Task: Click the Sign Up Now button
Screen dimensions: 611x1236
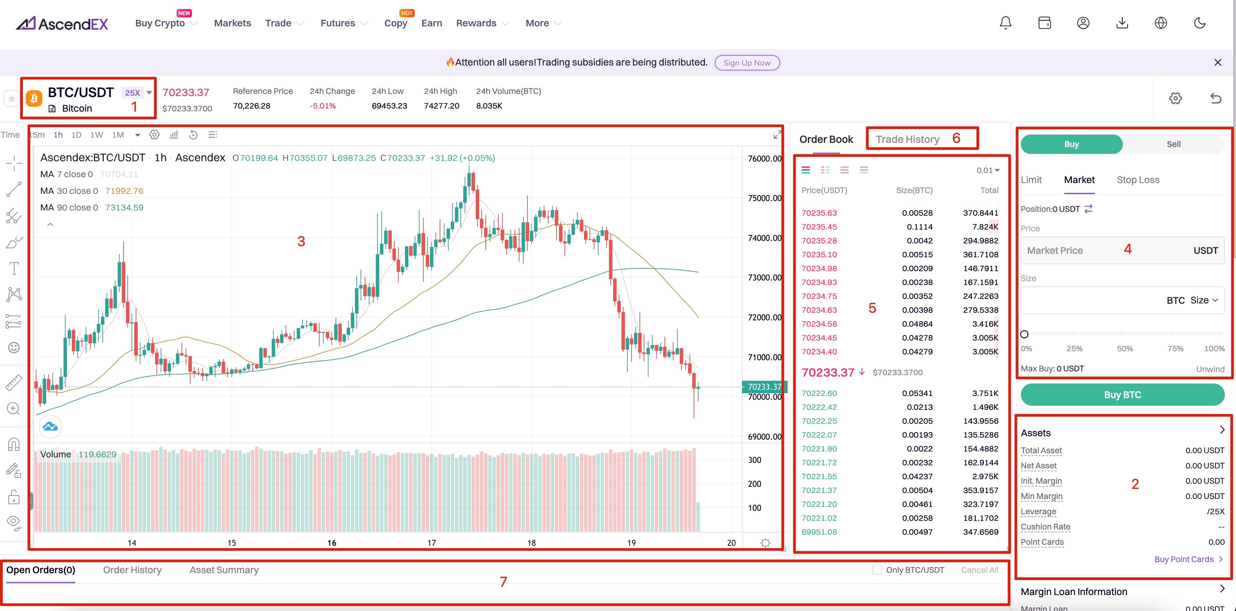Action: (x=747, y=63)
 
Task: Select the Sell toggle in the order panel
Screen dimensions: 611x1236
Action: (x=1173, y=144)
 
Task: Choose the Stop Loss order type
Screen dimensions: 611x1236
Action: (x=1138, y=180)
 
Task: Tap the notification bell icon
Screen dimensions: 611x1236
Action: (x=1005, y=23)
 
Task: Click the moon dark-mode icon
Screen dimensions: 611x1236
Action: (x=1200, y=23)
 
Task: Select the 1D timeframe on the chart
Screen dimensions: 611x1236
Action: (x=76, y=135)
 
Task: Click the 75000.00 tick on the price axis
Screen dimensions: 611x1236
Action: (x=764, y=198)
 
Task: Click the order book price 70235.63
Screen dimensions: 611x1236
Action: (x=819, y=213)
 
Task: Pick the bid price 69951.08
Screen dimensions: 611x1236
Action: (x=819, y=532)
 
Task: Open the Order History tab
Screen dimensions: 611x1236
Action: (x=133, y=570)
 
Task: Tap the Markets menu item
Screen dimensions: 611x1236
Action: (x=232, y=23)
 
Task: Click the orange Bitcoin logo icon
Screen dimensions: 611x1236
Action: (x=34, y=99)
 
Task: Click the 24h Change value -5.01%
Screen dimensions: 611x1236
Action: (x=322, y=105)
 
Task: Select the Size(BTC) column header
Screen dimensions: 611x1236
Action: (x=914, y=190)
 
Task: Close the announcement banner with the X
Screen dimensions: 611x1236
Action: (x=1217, y=62)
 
